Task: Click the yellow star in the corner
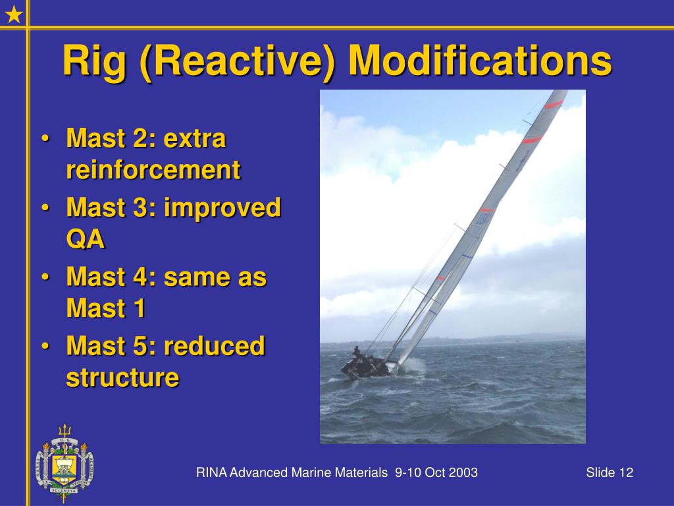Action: coord(14,14)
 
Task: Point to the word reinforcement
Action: coord(153,169)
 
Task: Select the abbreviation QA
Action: coord(86,239)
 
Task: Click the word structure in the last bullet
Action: coord(122,378)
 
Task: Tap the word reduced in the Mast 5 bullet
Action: coord(214,345)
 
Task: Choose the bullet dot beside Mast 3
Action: coord(45,208)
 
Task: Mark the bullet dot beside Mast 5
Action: coord(45,347)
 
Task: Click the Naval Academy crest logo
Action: coord(65,463)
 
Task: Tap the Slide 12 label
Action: coord(609,472)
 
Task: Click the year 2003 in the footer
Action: coord(463,472)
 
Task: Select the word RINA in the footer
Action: coord(211,472)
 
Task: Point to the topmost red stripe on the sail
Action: coord(554,104)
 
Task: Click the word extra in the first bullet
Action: coord(195,138)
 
